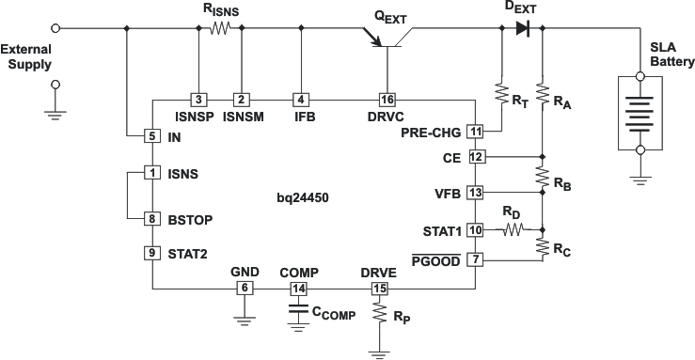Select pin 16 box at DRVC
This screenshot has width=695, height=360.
(387, 99)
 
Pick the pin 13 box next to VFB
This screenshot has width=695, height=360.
(476, 193)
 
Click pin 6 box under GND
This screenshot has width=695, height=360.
(245, 289)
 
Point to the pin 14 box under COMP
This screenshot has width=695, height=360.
(299, 289)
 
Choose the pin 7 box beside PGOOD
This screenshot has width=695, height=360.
(476, 258)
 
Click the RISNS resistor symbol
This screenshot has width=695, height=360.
(220, 29)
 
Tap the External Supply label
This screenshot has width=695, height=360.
(27, 56)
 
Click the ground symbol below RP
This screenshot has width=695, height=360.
(380, 352)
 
